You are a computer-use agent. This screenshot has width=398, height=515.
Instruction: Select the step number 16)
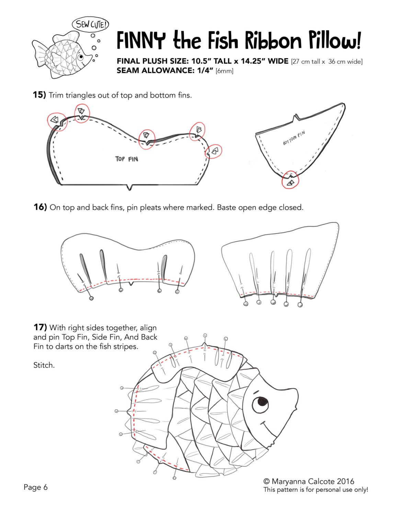pos(40,207)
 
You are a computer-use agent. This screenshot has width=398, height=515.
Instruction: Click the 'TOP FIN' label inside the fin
pos(126,159)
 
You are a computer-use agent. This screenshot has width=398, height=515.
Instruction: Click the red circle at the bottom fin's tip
pos(290,180)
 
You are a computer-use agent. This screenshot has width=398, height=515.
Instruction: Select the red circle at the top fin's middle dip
pos(147,137)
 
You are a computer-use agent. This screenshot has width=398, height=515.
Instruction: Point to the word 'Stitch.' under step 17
pos(44,365)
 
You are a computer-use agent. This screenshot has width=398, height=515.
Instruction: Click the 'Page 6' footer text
pos(35,487)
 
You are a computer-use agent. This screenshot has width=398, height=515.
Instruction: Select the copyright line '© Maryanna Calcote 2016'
pos(308,481)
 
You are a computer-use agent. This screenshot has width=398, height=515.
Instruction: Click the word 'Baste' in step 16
pos(228,207)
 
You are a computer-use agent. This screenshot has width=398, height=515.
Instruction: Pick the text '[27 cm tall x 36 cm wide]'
pos(326,62)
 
